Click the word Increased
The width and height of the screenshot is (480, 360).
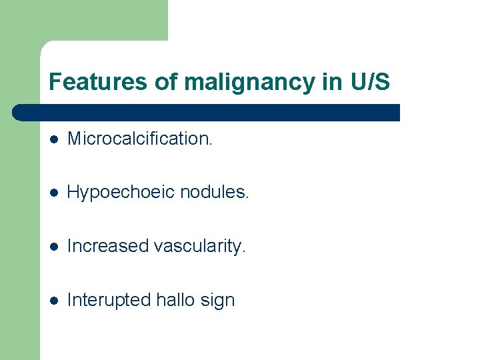tap(108, 246)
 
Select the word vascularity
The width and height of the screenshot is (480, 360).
tap(200, 246)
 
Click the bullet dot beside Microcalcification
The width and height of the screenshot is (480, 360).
tap(55, 139)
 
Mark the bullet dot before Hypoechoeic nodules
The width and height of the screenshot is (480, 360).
tap(55, 193)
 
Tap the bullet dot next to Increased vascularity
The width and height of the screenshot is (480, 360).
tap(55, 247)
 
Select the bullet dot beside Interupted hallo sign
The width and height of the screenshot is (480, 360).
tap(55, 301)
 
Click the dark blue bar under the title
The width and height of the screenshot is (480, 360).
tap(213, 112)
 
